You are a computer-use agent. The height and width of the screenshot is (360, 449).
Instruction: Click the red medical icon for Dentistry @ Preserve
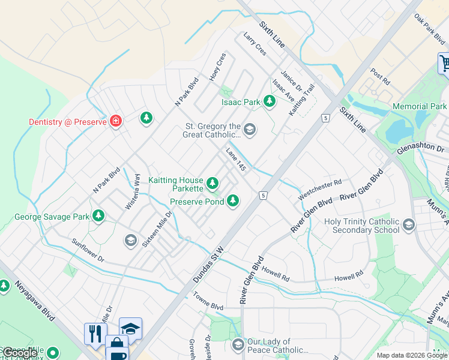pos(116,122)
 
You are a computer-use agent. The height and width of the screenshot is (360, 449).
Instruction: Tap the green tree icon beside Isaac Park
pos(270,102)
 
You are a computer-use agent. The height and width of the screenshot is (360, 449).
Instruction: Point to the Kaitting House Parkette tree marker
pos(212,183)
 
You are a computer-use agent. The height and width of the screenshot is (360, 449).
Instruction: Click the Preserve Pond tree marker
pos(232,201)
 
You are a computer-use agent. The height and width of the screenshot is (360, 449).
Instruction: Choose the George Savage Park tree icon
pos(98,216)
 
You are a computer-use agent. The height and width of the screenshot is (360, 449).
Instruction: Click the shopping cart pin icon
pos(444,62)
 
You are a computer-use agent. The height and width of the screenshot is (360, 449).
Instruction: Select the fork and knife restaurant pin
pos(95,333)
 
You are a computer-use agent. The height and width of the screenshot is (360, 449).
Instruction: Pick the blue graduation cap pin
pos(130,328)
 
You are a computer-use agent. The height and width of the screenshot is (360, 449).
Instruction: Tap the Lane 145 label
pos(236,160)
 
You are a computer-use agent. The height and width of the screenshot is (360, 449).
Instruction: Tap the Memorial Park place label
pos(419,106)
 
